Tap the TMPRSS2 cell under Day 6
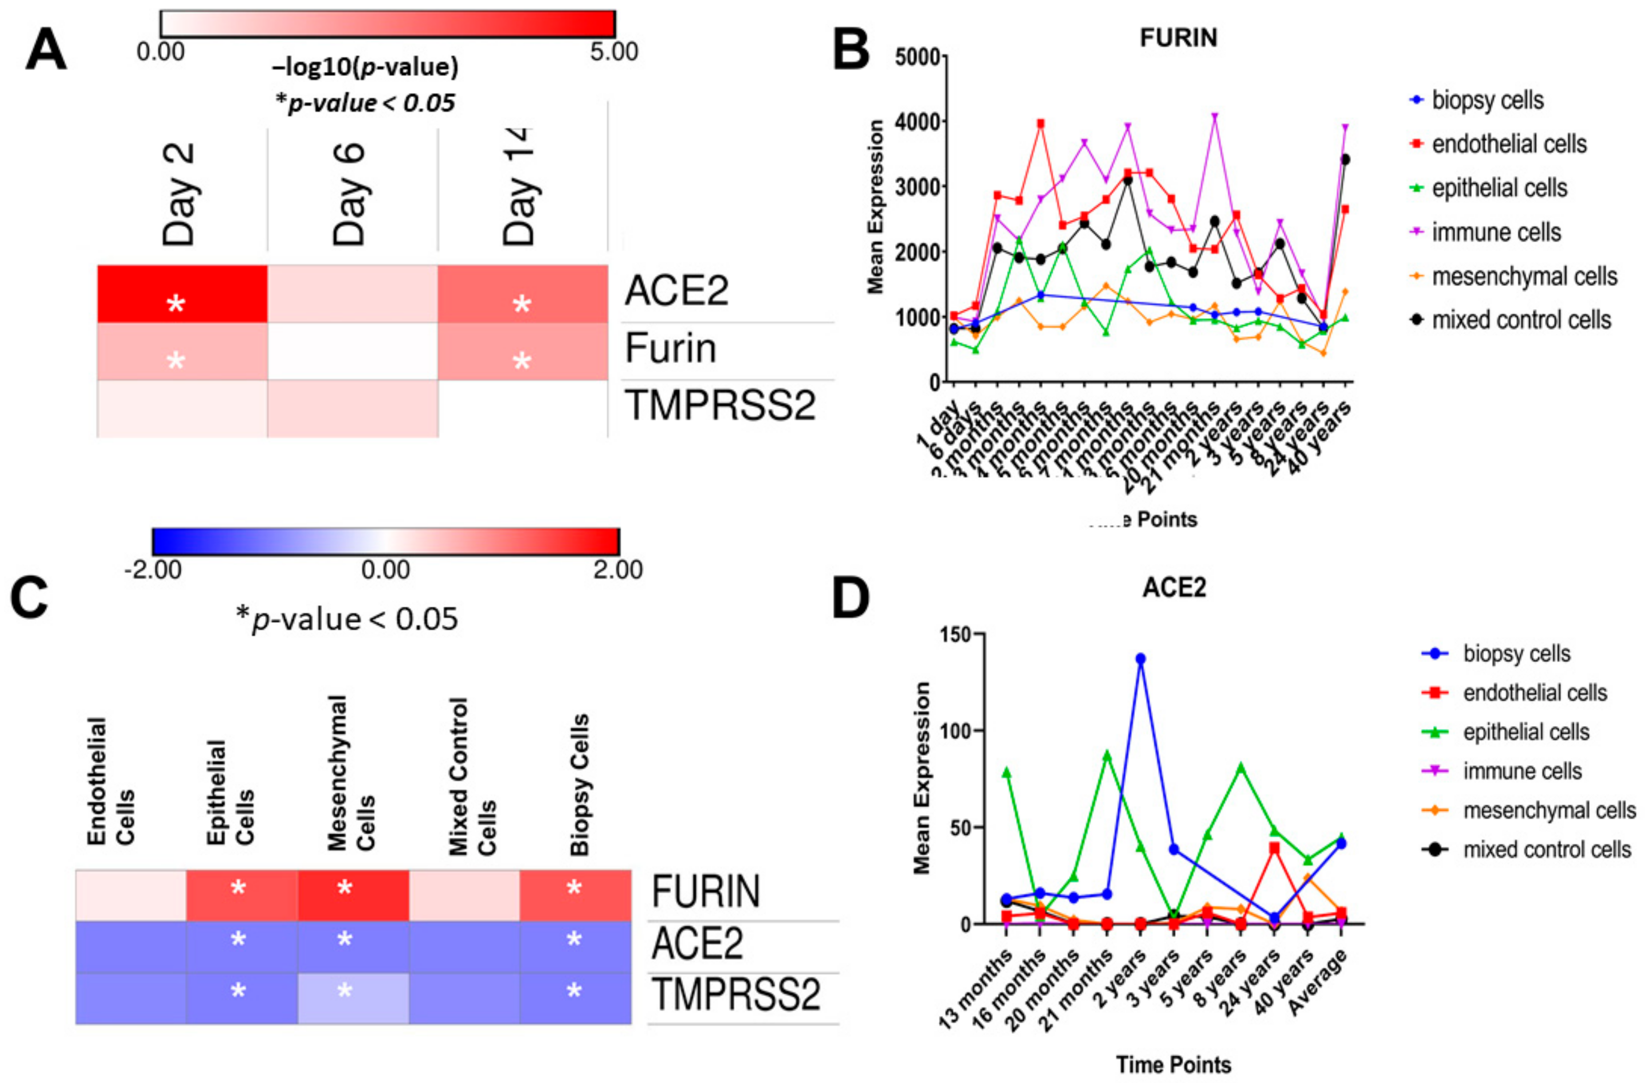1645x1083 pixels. coord(353,408)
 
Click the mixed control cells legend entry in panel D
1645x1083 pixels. coord(1546,849)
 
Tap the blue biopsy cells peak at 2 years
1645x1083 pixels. coord(1140,659)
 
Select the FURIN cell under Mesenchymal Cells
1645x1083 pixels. coord(353,895)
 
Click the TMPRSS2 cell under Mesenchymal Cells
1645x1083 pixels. coord(353,998)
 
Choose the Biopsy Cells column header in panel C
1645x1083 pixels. coord(579,785)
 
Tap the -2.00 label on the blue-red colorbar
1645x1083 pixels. coord(153,570)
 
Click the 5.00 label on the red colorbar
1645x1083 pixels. coord(614,52)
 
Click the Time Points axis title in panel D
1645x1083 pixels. coord(1173,1064)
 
